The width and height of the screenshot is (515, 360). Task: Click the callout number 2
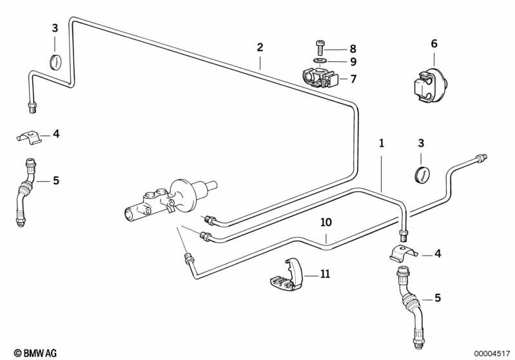(260, 47)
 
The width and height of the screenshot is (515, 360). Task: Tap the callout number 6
(434, 43)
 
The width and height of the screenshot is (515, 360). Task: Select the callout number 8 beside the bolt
(353, 48)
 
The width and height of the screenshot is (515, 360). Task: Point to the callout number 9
(353, 62)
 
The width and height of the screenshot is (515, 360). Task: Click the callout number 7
(353, 79)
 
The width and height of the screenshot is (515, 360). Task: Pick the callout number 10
(326, 222)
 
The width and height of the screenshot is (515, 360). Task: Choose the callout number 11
(325, 274)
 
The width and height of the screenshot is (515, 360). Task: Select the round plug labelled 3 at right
(421, 173)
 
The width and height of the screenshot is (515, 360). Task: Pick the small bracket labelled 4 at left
(30, 136)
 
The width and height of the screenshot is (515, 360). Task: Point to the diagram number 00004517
(492, 352)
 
